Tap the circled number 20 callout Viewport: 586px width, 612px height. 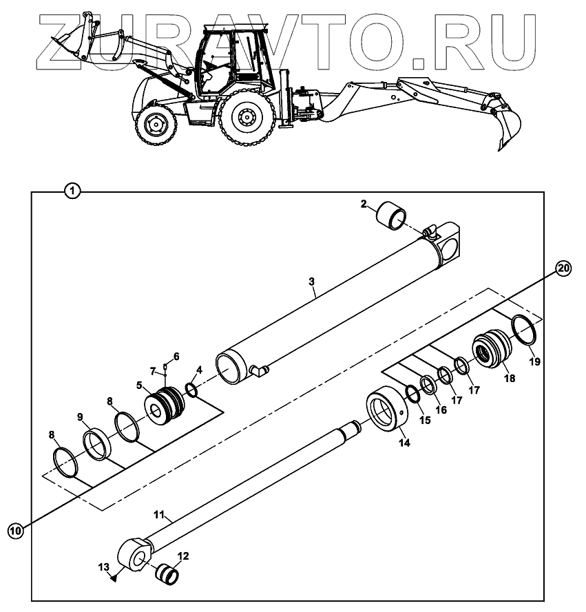563,269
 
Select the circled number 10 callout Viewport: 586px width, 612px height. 15,529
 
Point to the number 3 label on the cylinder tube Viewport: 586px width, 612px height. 311,282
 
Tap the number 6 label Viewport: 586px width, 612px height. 176,356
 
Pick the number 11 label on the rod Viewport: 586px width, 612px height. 158,514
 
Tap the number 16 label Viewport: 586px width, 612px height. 441,410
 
